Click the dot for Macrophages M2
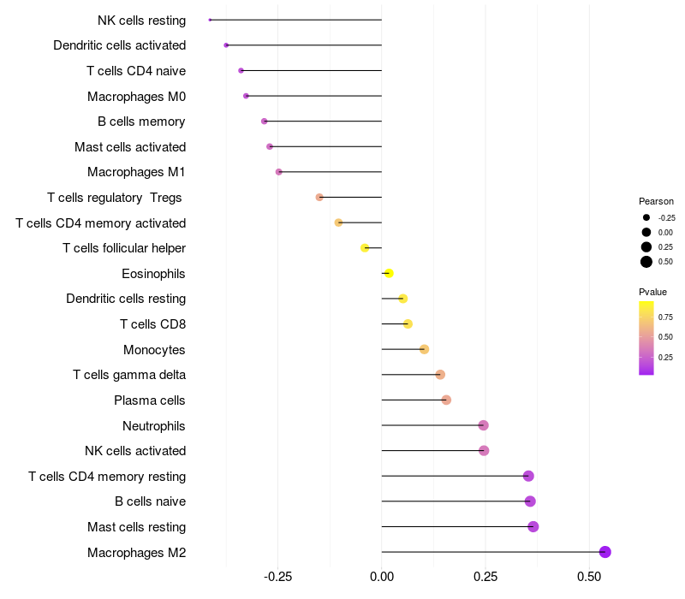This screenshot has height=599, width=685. point(605,552)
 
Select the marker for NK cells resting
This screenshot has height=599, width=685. point(210,20)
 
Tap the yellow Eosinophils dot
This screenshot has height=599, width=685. point(389,273)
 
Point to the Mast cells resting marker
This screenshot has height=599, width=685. point(533,526)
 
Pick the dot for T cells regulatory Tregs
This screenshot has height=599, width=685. point(319,197)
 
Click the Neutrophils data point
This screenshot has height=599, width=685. point(483,425)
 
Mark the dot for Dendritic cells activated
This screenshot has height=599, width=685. point(226,45)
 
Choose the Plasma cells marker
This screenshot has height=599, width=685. point(446,400)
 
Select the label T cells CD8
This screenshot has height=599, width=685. point(152,324)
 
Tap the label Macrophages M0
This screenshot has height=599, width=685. point(136,96)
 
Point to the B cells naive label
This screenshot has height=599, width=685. point(150,501)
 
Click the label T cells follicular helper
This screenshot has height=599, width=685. point(124,248)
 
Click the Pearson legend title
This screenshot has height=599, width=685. point(656,201)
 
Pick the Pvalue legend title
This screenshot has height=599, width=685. point(652,292)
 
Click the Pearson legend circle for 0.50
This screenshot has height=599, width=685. point(646,262)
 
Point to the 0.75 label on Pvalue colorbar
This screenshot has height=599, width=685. point(665,317)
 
